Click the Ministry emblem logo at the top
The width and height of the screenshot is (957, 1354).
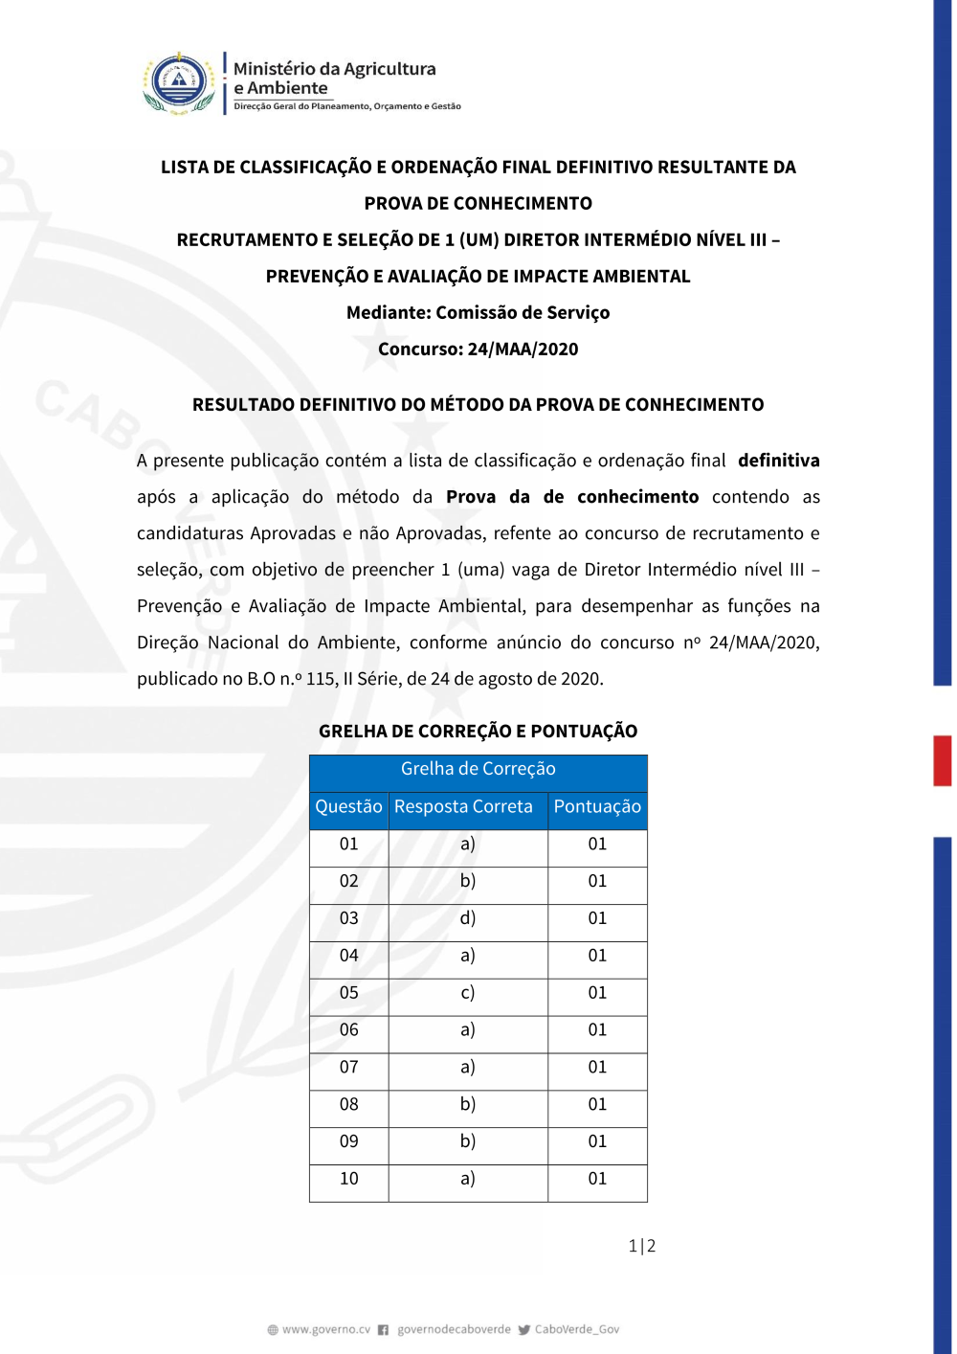179,83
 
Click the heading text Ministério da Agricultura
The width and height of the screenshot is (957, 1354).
334,69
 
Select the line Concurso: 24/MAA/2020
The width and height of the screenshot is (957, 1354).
478,350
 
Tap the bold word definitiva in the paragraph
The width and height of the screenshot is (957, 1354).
778,461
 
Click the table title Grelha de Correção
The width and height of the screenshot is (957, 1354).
478,769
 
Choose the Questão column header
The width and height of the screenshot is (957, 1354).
348,807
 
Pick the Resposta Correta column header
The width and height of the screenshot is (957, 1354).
463,807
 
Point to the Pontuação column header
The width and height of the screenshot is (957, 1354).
597,807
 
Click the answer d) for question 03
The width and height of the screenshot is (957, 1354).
467,918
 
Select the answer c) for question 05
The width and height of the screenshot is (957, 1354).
467,993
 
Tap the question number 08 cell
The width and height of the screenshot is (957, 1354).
348,1105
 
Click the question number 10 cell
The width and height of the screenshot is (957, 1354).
348,1179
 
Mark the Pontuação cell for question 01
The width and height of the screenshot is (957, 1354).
597,845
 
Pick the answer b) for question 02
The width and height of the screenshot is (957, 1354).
467,881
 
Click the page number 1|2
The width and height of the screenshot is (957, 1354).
641,1246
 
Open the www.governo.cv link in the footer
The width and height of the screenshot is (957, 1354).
325,1329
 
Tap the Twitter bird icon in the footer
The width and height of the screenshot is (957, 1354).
523,1330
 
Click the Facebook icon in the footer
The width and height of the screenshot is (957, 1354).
383,1330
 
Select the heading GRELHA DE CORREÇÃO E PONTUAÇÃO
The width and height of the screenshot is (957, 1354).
478,732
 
